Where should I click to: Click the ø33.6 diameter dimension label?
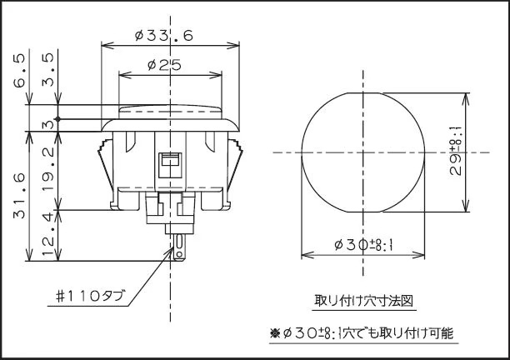[163, 35]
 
